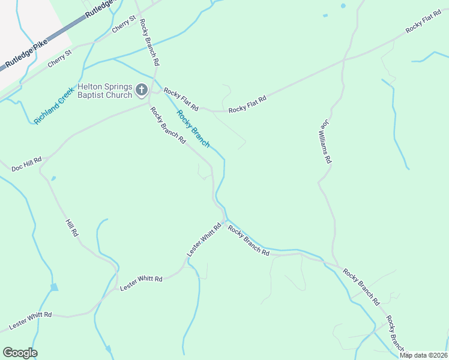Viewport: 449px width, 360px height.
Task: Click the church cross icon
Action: coord(142,91)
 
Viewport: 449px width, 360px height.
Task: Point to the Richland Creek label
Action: coord(53,106)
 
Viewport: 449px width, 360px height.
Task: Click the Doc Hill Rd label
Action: coord(26,164)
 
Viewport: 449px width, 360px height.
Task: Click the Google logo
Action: coord(20,353)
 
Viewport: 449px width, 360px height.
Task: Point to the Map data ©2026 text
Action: coord(423,355)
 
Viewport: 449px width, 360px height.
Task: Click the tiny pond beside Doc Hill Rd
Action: coord(53,178)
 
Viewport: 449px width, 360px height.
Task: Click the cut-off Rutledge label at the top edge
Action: coord(98,8)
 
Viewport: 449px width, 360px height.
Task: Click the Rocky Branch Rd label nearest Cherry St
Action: coord(149,41)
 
